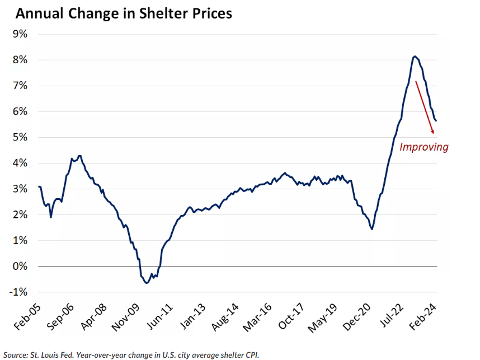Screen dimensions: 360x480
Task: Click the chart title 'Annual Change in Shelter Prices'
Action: [124, 13]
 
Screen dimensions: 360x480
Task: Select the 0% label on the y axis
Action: [20, 267]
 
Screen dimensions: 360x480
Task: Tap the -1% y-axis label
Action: [18, 292]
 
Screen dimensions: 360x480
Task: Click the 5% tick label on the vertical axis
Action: [20, 137]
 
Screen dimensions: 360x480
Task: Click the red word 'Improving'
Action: [423, 147]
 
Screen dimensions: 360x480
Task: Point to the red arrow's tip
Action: [434, 134]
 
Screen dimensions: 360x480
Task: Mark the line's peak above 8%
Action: [415, 56]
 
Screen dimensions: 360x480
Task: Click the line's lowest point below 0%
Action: [147, 283]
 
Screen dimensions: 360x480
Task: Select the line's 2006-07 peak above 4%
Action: [80, 156]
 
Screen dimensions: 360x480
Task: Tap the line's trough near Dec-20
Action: [372, 229]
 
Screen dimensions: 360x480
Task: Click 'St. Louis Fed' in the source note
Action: [51, 354]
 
